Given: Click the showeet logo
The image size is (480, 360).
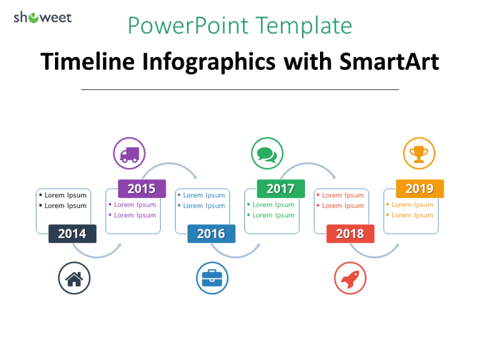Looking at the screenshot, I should pos(42,17).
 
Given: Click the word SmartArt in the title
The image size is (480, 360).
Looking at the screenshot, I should pos(389,61).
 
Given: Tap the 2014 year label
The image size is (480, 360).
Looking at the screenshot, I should pos(72,234).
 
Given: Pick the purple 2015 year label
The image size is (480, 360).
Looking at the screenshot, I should pos(142,189).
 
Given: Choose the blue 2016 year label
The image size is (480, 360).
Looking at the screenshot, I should pos(211,234).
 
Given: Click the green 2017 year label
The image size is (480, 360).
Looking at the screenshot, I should pos(281,189).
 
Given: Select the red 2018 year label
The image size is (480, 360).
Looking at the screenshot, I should pos(350,234).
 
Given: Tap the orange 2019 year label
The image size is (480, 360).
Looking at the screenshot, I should pos(419,189).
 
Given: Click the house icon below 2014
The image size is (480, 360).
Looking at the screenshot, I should pos(74,278).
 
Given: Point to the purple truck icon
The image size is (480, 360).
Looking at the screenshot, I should pos(129,153).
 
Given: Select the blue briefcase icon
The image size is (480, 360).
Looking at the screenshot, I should pos(212,278).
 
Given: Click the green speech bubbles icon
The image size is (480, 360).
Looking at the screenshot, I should pos(267,153).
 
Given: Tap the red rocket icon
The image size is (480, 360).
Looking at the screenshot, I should pos(350,278).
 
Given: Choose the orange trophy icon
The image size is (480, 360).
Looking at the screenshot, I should pos(419,153).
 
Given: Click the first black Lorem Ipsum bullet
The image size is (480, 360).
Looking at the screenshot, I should pos(65,195).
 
